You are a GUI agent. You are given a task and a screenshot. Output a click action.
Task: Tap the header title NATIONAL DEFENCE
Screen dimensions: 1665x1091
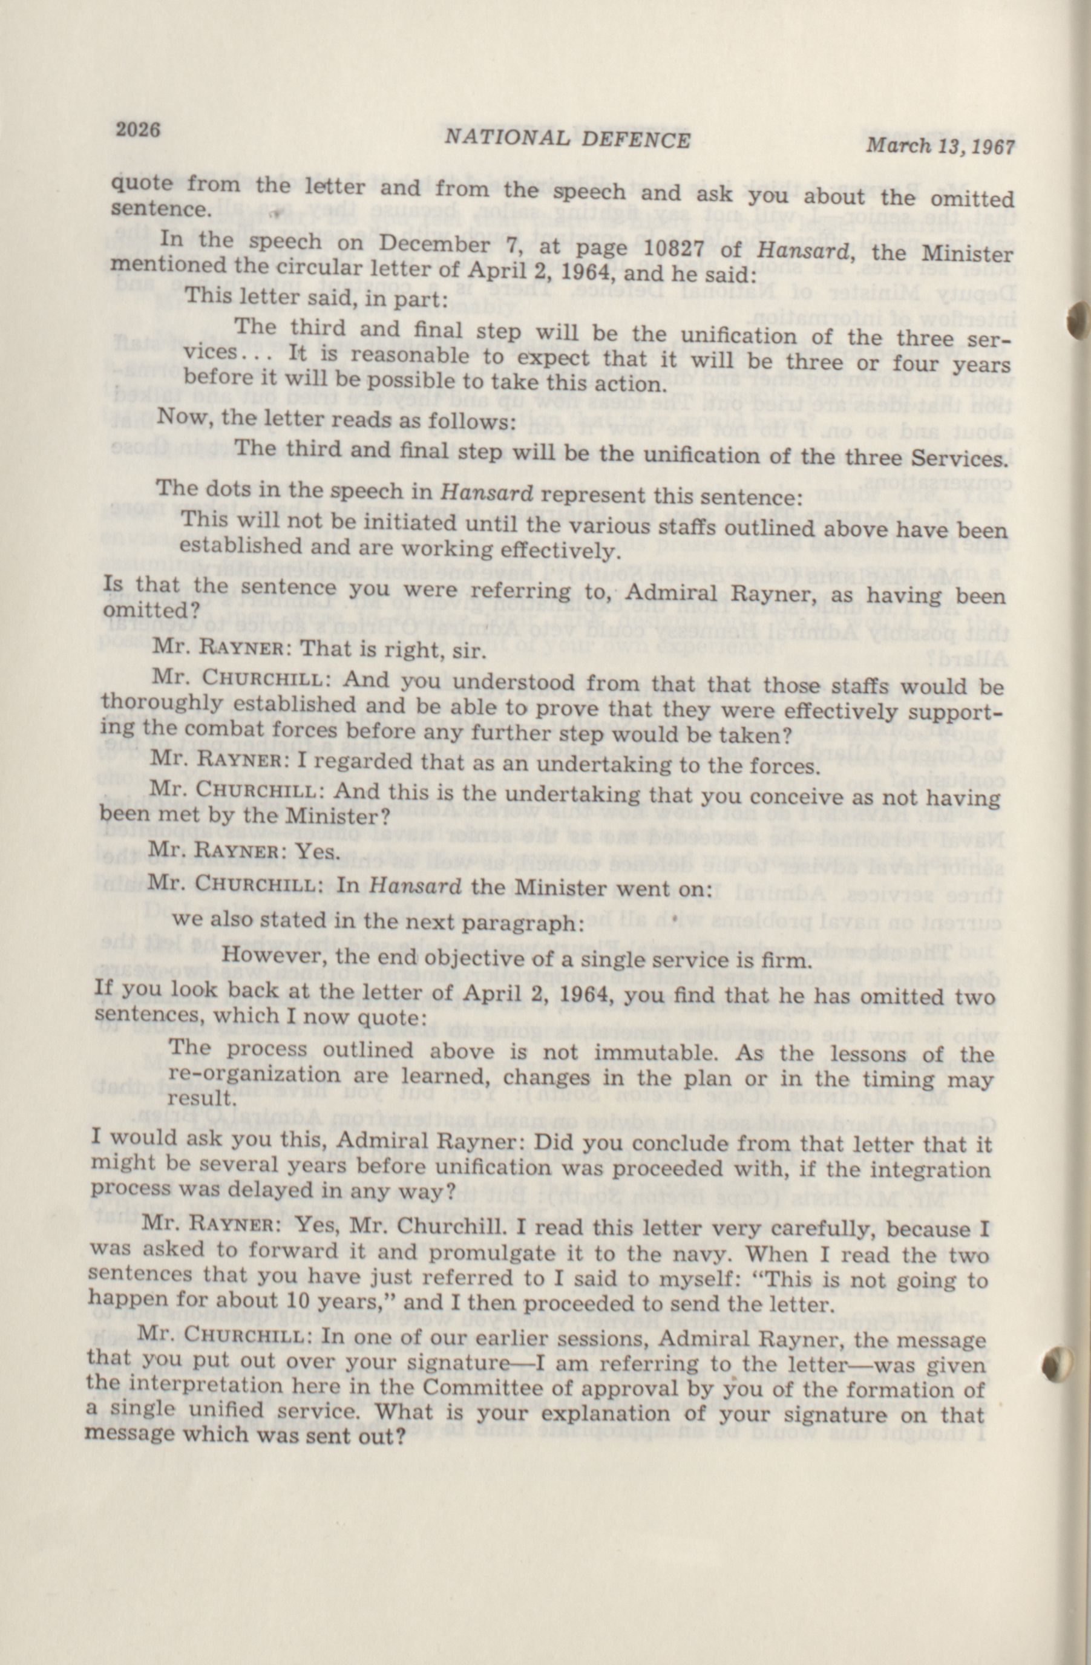567,140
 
